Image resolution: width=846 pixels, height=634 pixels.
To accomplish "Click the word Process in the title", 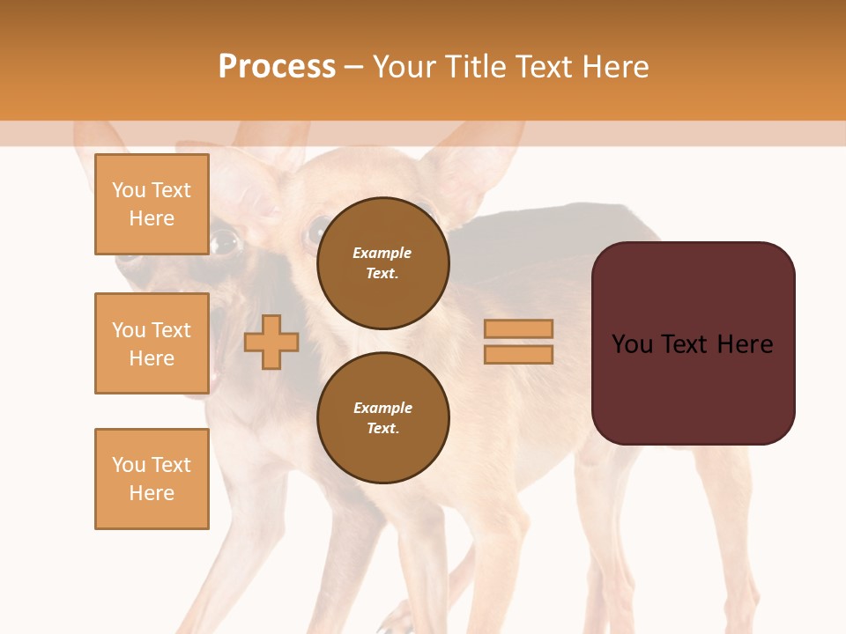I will pyautogui.click(x=277, y=67).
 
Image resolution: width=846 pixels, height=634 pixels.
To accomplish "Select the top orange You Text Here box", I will pyautogui.click(x=152, y=204).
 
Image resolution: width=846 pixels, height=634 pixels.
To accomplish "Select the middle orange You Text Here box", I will pyautogui.click(x=152, y=343).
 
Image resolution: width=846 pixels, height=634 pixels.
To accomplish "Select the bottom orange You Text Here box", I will pyautogui.click(x=152, y=479).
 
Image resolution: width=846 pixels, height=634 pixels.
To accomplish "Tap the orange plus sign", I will pyautogui.click(x=271, y=342).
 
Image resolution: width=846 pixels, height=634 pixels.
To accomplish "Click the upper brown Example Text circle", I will pyautogui.click(x=382, y=262).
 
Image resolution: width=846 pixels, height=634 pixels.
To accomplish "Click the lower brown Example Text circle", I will pyautogui.click(x=382, y=417).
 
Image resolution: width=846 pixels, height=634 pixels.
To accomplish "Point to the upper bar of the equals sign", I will pyautogui.click(x=518, y=328).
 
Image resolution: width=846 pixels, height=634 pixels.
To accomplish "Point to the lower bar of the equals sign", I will pyautogui.click(x=518, y=354).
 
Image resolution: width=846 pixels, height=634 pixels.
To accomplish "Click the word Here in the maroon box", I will pyautogui.click(x=745, y=344).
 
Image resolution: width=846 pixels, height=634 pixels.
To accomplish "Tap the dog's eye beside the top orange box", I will pyautogui.click(x=224, y=240).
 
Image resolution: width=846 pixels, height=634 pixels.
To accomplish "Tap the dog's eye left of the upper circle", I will pyautogui.click(x=315, y=231).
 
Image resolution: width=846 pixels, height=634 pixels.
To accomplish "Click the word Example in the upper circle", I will pyautogui.click(x=382, y=253).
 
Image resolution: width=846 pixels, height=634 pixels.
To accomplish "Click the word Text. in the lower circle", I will pyautogui.click(x=382, y=428).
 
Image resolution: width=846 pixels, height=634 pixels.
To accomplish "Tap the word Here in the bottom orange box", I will pyautogui.click(x=152, y=493).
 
